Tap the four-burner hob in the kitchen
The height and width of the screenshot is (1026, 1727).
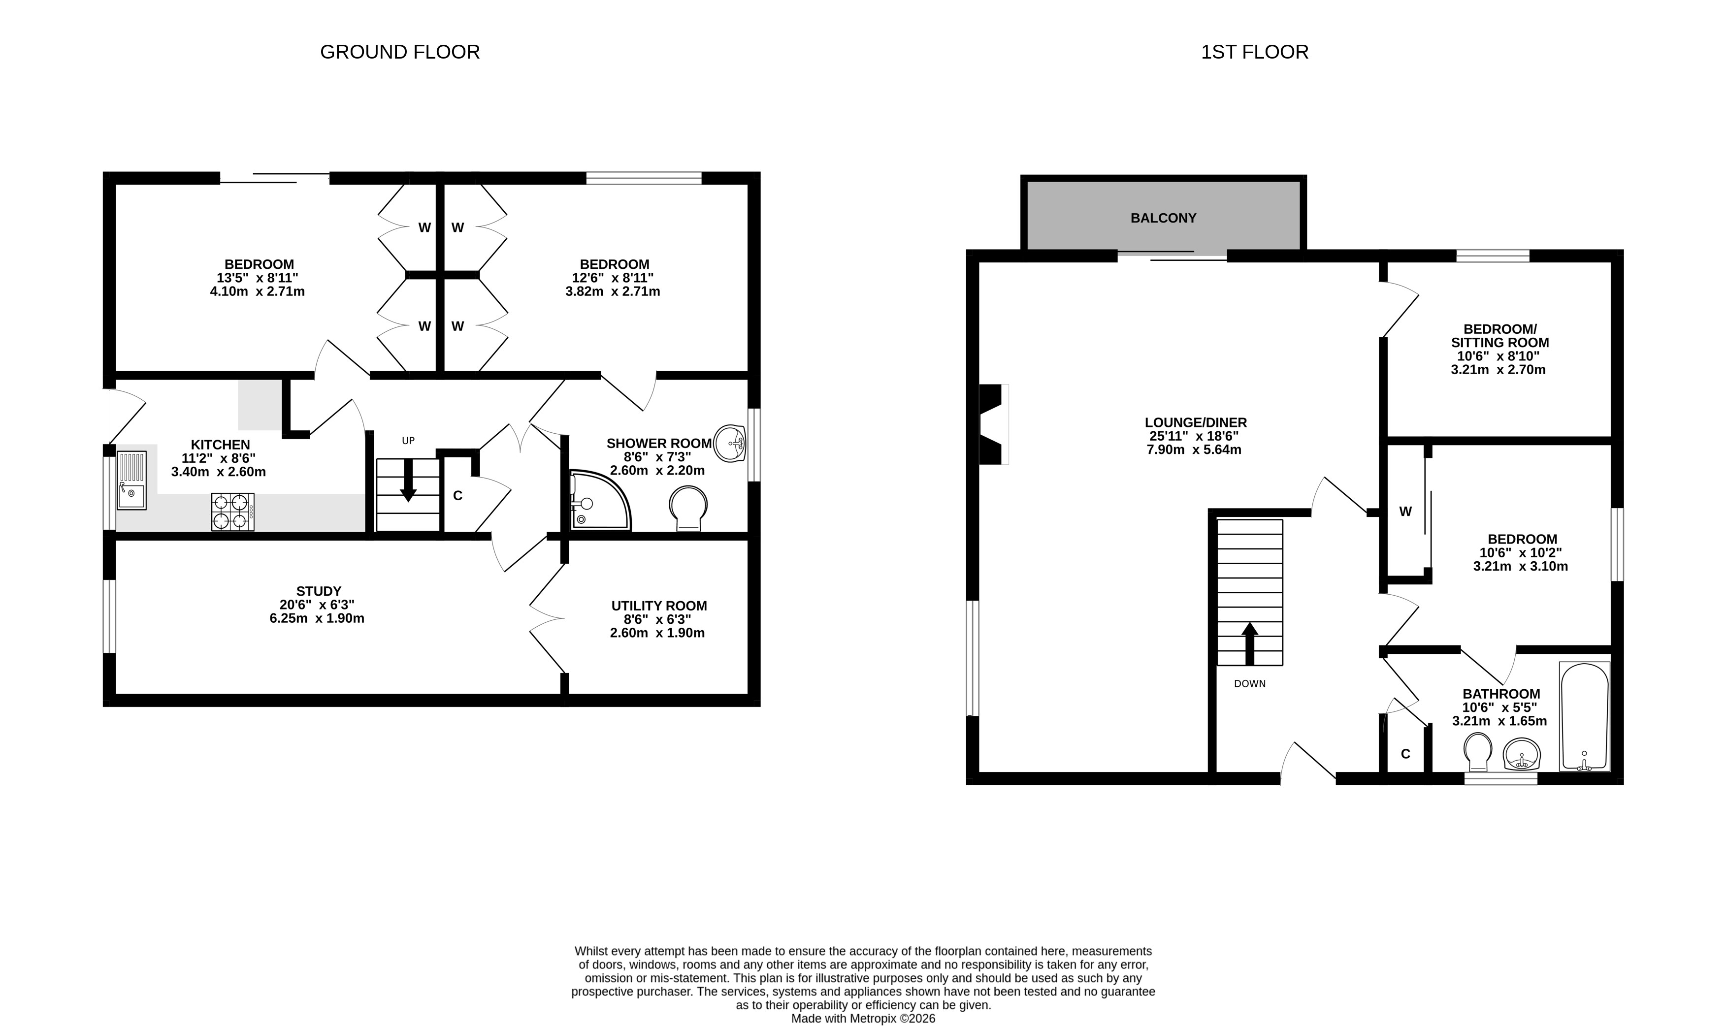pos(232,512)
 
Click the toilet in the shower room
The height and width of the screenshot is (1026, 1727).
pos(688,508)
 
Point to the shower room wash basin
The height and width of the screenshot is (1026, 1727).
pos(729,443)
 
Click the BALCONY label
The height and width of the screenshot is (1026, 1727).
pos(1163,218)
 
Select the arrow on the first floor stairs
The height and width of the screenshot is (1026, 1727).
pos(1250,643)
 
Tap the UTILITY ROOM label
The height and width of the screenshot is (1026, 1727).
pos(659,606)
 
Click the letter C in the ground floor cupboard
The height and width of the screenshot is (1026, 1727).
pos(457,496)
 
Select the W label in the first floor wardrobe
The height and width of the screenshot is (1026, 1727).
pos(1405,512)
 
